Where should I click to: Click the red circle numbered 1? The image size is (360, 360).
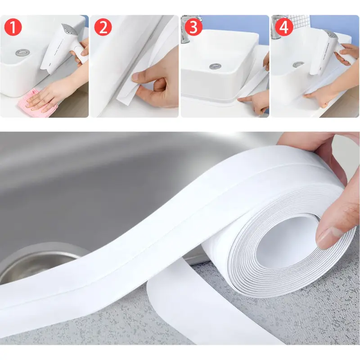pyautogui.click(x=13, y=27)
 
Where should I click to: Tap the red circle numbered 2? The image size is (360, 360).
pyautogui.click(x=103, y=27)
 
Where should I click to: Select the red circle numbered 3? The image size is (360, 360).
pyautogui.click(x=193, y=27)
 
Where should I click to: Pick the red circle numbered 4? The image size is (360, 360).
pyautogui.click(x=284, y=27)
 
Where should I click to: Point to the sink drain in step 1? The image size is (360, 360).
pyautogui.click(x=22, y=53)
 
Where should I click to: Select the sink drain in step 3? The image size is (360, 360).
pyautogui.click(x=215, y=66)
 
